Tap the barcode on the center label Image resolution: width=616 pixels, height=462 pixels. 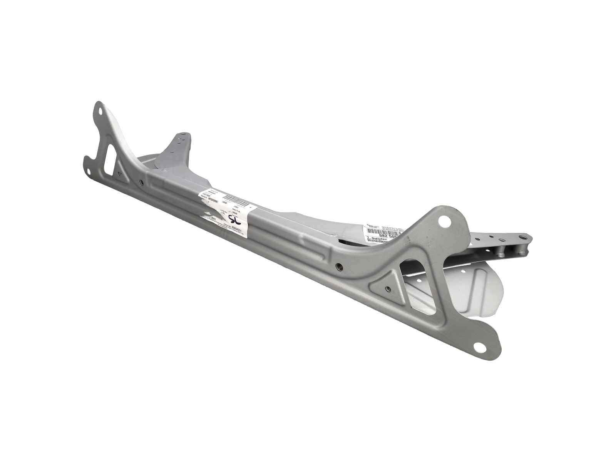pos(234,199)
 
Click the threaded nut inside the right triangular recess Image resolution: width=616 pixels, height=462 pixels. pos(388,288)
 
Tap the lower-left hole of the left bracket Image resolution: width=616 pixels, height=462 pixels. pos(90,173)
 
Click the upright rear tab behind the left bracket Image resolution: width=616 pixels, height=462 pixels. pos(179,146)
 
